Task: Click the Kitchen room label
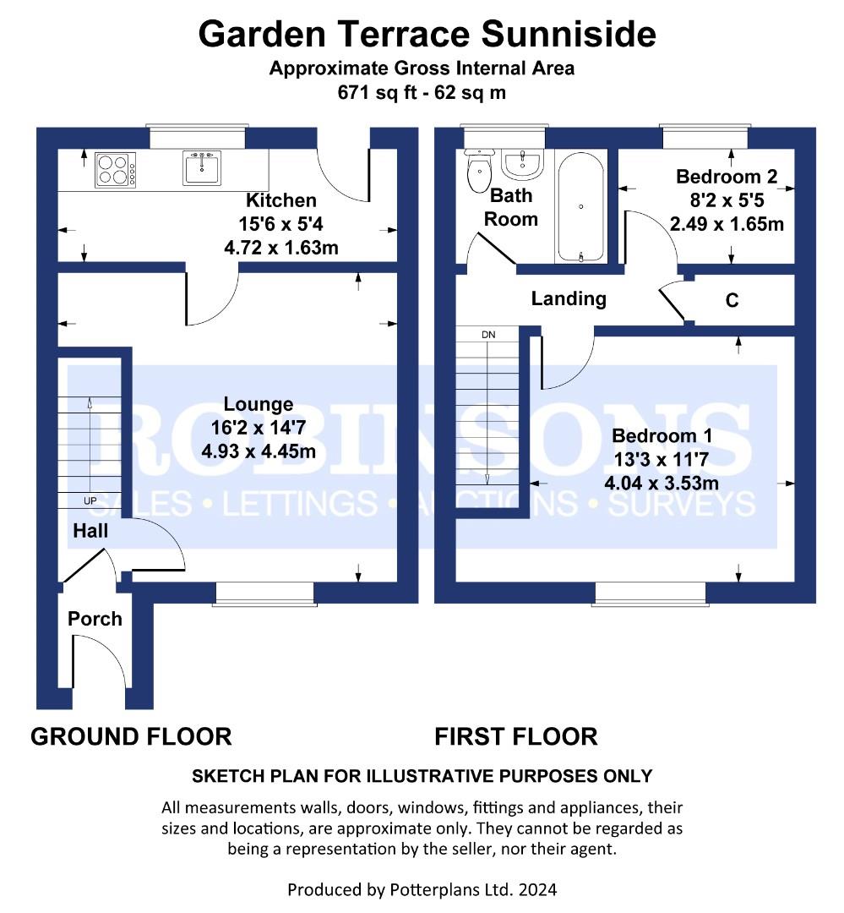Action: point(281,200)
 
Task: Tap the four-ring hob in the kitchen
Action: point(116,169)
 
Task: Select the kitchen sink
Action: point(201,167)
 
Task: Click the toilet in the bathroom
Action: point(480,169)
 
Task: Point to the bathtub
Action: point(580,207)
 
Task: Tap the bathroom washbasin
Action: point(522,164)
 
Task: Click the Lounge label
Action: point(259,404)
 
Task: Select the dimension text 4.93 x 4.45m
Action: point(259,451)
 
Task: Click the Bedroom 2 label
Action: point(727,177)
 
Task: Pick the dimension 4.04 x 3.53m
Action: point(662,484)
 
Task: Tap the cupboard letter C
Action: point(732,300)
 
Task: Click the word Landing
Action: point(569,298)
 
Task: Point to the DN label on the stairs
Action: point(488,335)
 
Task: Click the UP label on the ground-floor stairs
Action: point(90,500)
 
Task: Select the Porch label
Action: point(95,618)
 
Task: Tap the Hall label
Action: point(90,530)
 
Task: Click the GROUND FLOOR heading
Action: point(131,736)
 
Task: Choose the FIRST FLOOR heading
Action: point(515,736)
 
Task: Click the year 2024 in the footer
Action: point(538,889)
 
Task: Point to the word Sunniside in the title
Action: point(569,34)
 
